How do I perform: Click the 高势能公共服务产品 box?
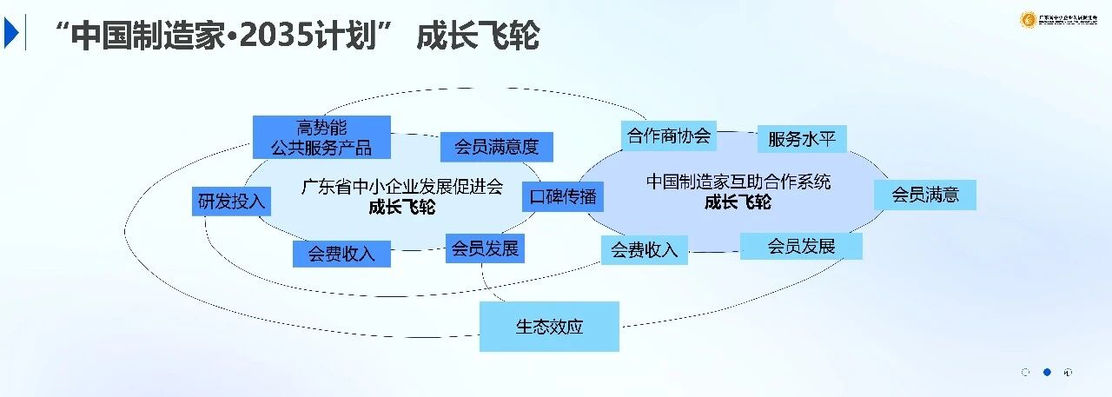click(x=321, y=137)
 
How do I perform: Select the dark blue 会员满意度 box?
click(x=496, y=147)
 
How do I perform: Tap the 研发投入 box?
click(x=231, y=202)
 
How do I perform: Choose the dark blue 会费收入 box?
click(x=341, y=254)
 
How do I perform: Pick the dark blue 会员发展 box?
click(x=485, y=248)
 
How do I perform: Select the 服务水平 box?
click(x=801, y=139)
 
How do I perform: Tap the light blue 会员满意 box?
click(x=925, y=195)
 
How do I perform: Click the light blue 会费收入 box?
click(x=644, y=250)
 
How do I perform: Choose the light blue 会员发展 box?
click(x=801, y=246)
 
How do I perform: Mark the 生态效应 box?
click(x=549, y=327)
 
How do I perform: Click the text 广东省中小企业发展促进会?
click(x=401, y=187)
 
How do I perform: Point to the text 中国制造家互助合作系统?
click(x=738, y=182)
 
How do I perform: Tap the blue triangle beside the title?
click(x=10, y=33)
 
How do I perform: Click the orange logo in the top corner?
click(x=1027, y=19)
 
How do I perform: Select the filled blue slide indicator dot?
click(x=1047, y=372)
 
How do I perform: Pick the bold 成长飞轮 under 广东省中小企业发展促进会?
click(x=401, y=208)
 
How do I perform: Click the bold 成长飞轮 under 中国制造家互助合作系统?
click(x=738, y=202)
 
